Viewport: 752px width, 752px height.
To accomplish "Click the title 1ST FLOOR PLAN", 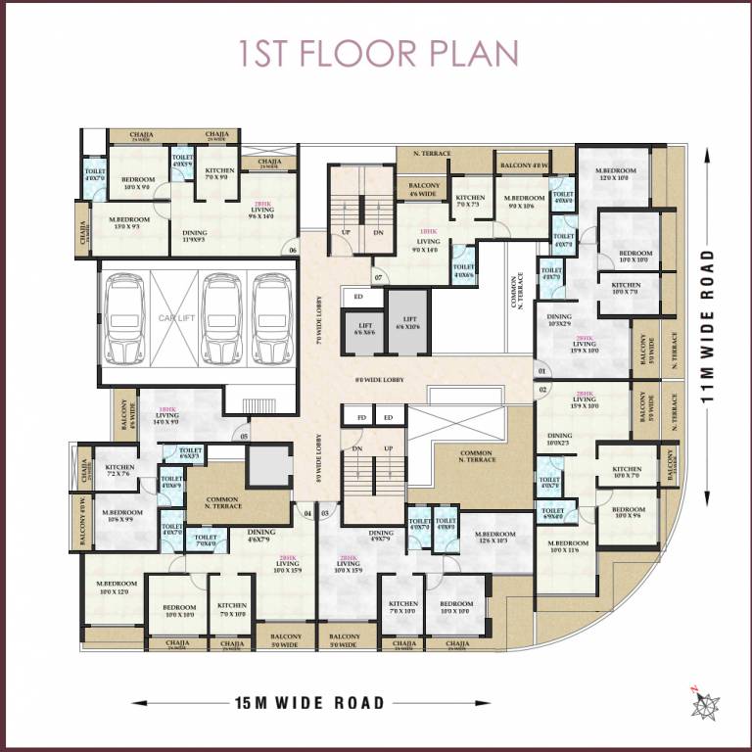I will coord(378,55).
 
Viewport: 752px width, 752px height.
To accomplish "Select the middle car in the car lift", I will coord(221,318).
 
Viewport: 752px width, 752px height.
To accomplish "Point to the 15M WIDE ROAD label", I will coord(309,702).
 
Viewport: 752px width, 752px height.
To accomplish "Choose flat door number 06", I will coord(292,251).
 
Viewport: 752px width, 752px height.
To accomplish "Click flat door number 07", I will coord(379,277).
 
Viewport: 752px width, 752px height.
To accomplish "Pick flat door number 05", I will coord(244,437).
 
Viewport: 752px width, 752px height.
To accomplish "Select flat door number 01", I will coord(542,371).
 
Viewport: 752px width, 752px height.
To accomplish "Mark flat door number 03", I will coord(325,511).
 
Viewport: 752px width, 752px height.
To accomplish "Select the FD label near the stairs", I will coord(361,418).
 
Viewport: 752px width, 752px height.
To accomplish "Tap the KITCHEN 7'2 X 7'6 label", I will coord(119,472).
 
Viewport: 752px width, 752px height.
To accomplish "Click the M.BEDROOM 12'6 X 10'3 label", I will coord(492,536).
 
